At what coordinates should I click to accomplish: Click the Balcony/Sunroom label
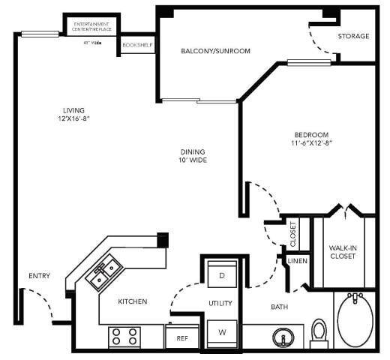(x=215, y=51)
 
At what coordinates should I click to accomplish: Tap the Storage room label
(x=353, y=36)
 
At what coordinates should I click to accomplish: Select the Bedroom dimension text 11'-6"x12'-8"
(x=311, y=142)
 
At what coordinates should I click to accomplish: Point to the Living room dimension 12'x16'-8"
(x=73, y=118)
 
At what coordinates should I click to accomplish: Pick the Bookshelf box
(x=137, y=45)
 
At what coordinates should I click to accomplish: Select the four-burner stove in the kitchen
(x=125, y=337)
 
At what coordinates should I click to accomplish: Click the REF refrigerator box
(x=181, y=337)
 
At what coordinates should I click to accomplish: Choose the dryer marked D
(x=222, y=274)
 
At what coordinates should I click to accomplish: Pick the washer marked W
(x=222, y=331)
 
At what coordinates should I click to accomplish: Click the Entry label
(x=39, y=276)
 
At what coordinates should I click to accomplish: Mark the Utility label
(x=220, y=303)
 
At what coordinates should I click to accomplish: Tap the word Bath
(x=278, y=306)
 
